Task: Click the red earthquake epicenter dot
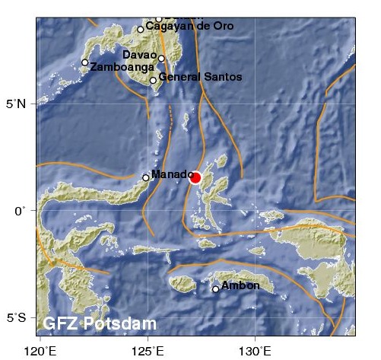tap(195, 177)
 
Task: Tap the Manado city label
tap(171, 174)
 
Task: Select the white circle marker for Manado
tap(146, 177)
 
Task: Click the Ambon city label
tap(240, 285)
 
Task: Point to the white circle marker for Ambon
tap(216, 288)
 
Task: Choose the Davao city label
tap(139, 55)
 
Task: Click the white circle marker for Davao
tap(162, 58)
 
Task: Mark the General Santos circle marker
tap(153, 80)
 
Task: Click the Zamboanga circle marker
tap(85, 62)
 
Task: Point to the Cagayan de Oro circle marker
tap(141, 29)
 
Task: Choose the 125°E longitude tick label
tap(148, 350)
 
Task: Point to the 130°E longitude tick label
tap(255, 350)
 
